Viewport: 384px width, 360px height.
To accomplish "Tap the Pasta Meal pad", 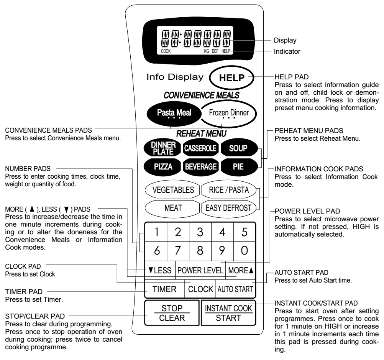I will pyautogui.click(x=174, y=113).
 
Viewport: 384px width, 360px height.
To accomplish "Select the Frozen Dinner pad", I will pyautogui.click(x=228, y=113).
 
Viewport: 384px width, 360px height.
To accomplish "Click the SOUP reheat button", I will pyautogui.click(x=239, y=148).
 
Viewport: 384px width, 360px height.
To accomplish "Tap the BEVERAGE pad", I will pyautogui.click(x=201, y=166).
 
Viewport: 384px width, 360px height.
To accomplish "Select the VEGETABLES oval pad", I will pyautogui.click(x=172, y=190).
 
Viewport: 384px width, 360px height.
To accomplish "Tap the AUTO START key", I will pyautogui.click(x=235, y=289).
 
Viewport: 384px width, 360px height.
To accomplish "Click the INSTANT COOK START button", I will pyautogui.click(x=228, y=313).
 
